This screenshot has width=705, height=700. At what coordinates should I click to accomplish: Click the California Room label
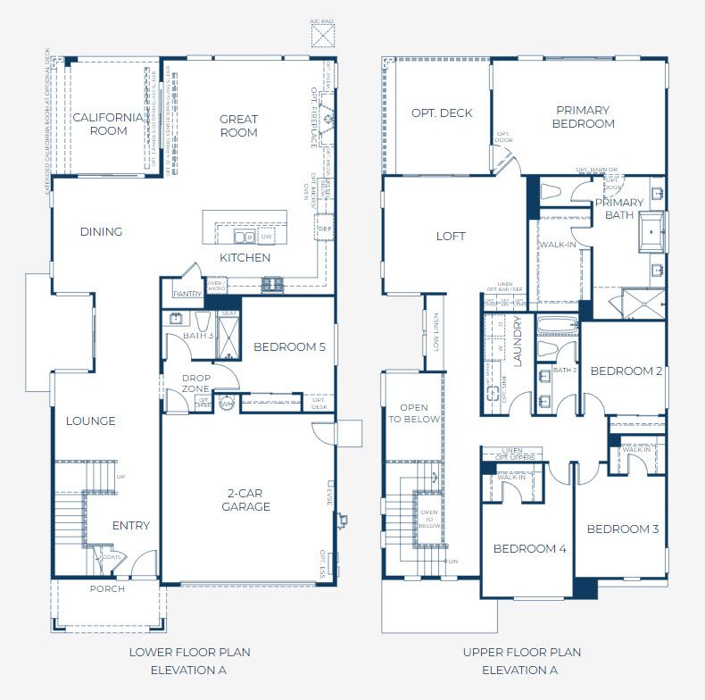point(107,124)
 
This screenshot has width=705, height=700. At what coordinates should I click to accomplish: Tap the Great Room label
point(238,126)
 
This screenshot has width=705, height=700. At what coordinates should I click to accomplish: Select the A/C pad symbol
point(321,35)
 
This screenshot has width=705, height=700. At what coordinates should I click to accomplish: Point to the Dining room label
point(101,232)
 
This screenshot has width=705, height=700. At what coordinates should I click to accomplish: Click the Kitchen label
point(245,258)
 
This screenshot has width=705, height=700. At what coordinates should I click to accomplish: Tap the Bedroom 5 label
point(289,347)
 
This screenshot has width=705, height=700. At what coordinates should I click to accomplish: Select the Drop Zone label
point(195,384)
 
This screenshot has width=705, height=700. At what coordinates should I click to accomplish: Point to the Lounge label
point(91,421)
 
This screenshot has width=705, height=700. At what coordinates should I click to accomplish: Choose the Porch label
point(107,589)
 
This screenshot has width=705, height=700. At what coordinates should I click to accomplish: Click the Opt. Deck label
point(442,113)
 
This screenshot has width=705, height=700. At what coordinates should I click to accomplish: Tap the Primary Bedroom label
point(584,117)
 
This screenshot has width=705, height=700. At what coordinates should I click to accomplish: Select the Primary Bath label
point(619,209)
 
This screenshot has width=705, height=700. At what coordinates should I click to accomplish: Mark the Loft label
point(451,237)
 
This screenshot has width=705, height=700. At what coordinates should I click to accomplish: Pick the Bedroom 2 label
point(626,371)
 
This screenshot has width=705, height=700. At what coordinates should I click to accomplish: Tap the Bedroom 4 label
point(530,549)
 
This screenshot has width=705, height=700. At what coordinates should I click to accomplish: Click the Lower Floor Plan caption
point(189,661)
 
